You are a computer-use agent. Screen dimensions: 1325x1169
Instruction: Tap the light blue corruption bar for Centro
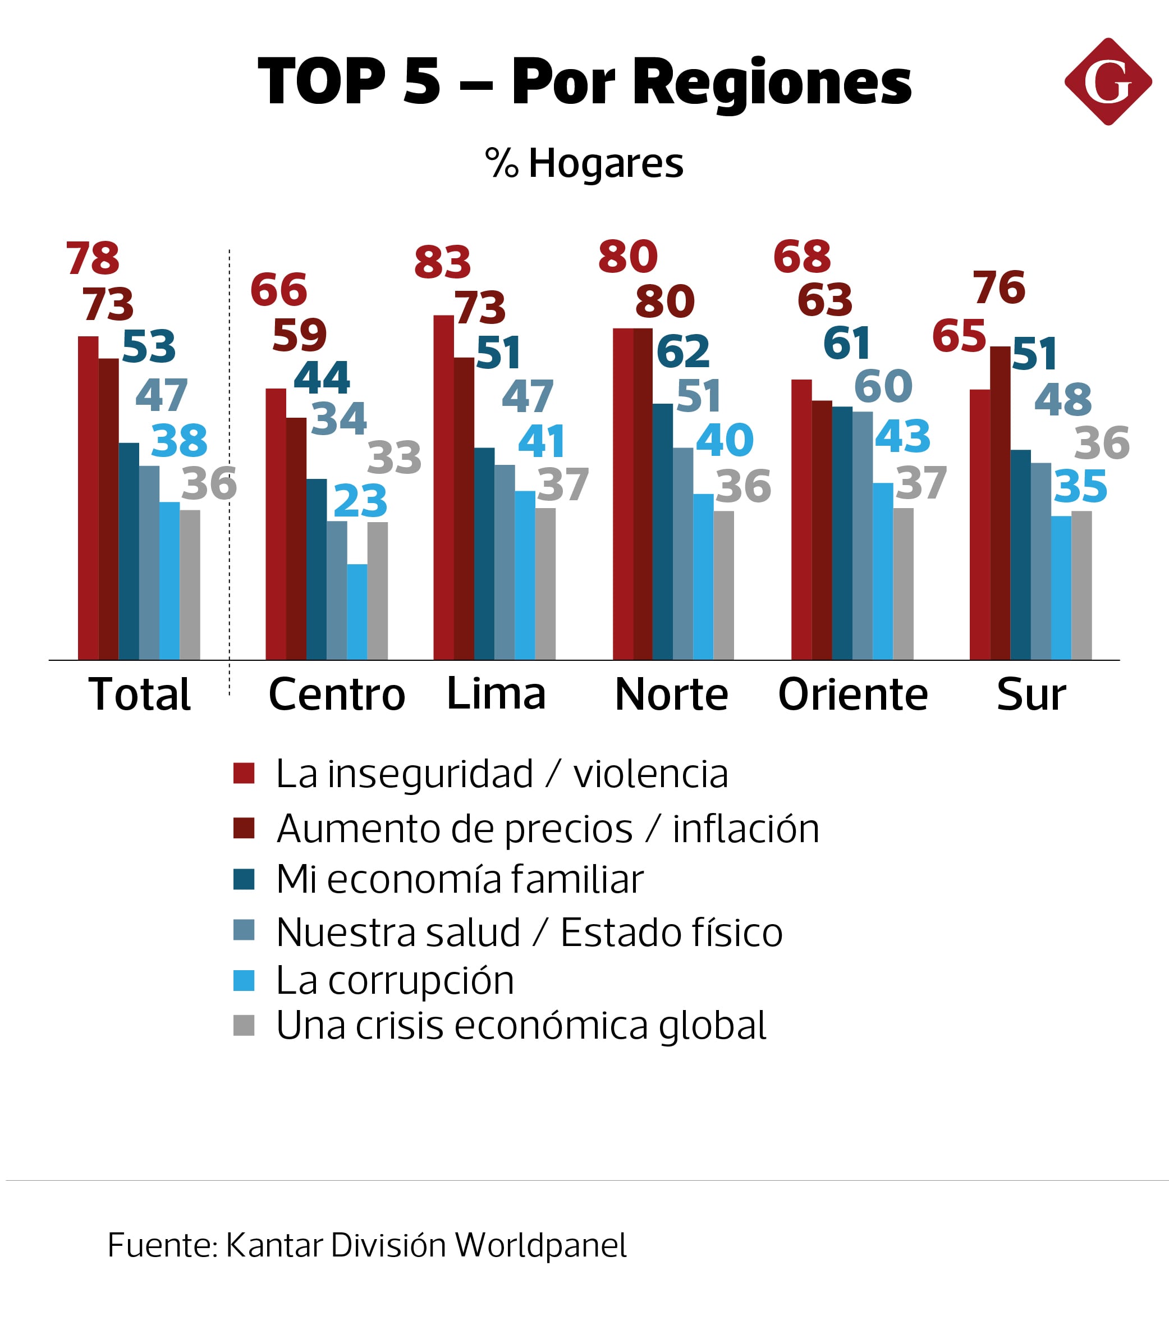(356, 611)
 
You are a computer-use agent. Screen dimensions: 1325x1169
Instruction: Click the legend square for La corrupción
(244, 980)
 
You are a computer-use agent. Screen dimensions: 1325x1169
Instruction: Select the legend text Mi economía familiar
(460, 880)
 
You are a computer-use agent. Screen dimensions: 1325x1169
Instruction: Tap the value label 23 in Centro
(360, 501)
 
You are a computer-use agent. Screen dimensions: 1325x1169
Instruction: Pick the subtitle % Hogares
(584, 163)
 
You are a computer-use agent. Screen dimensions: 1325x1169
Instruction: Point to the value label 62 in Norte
(683, 352)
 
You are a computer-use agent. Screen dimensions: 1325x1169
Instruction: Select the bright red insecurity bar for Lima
(443, 487)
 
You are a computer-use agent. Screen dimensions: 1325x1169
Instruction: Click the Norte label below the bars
(671, 695)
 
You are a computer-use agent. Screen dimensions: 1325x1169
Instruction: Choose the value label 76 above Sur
(998, 288)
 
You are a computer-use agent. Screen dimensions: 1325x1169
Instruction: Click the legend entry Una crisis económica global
(521, 1026)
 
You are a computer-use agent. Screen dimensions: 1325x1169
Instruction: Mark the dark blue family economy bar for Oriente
(842, 533)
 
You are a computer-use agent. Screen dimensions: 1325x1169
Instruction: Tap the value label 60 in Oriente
(883, 386)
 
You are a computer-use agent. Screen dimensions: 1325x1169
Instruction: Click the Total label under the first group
(139, 695)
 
